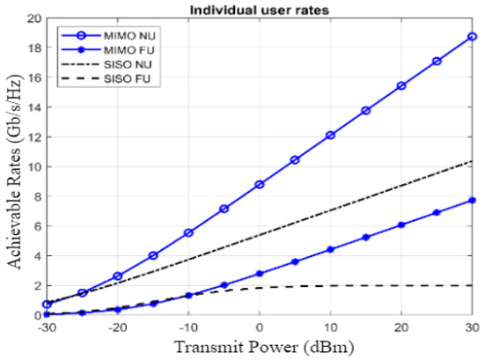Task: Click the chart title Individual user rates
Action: pos(260,9)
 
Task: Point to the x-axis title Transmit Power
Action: pos(260,349)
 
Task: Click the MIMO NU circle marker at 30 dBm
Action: pos(473,37)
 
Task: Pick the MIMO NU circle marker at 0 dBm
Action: pos(260,184)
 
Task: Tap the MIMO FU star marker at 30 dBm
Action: pos(473,200)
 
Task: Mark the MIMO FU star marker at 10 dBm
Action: pos(331,249)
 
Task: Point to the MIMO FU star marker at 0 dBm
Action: pos(260,274)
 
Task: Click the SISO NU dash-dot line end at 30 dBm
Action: pos(473,161)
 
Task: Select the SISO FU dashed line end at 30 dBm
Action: pos(473,285)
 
